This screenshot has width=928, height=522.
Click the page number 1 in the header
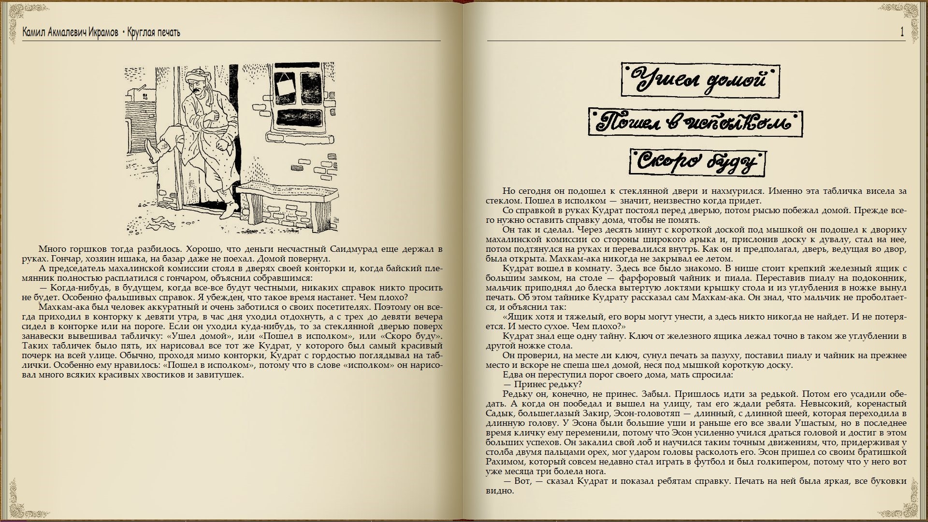902,32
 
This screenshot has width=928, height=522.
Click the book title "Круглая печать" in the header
154,32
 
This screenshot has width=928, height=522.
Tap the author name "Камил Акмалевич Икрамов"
70,32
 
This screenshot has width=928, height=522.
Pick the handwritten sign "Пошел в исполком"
695,122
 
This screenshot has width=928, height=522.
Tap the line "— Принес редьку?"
542,384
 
